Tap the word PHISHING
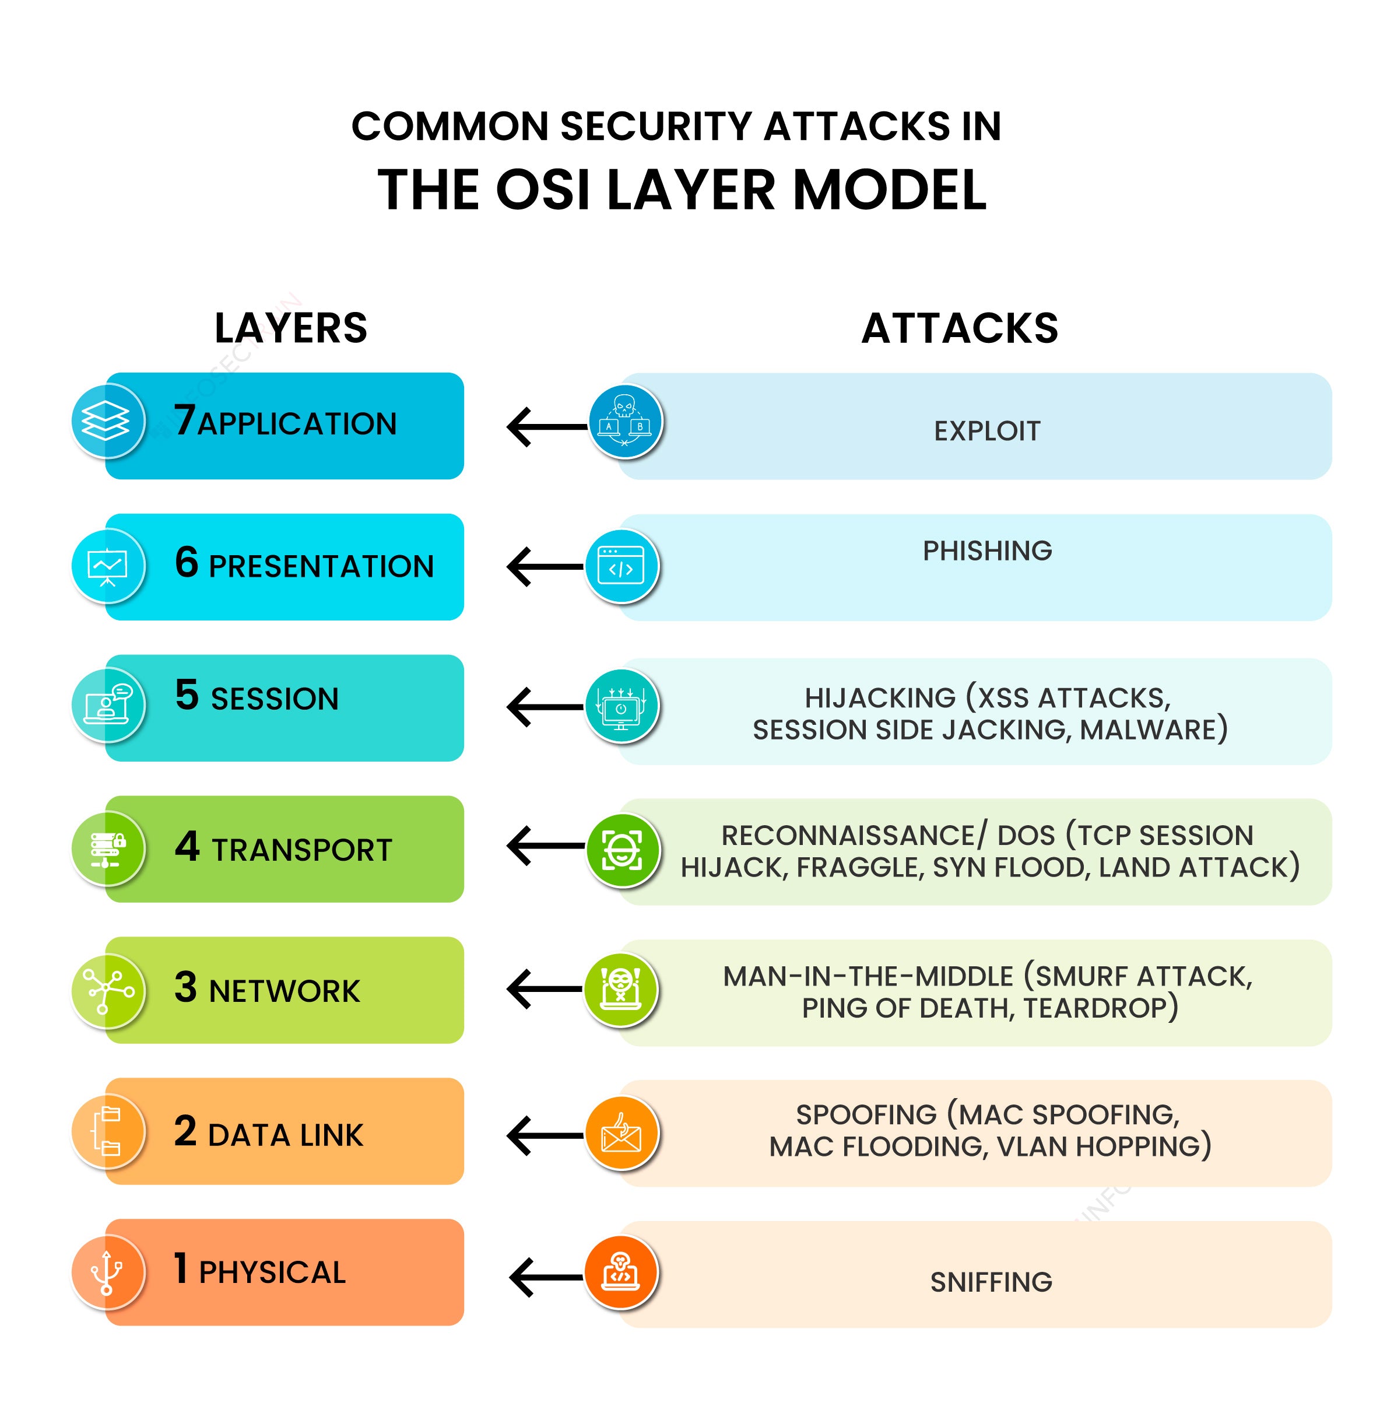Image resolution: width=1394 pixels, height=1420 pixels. point(986,551)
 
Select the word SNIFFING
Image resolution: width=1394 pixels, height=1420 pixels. point(991,1282)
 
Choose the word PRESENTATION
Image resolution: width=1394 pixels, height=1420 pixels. point(321,566)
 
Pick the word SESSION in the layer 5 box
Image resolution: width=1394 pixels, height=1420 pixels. point(275,699)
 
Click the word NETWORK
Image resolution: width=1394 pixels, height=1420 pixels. point(285,991)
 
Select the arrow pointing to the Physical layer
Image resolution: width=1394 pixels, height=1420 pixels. point(546,1277)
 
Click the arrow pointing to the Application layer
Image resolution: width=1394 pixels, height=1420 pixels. point(546,426)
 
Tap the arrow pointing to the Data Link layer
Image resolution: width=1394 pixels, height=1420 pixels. point(546,1135)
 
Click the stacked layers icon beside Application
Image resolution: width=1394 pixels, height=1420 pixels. point(106,421)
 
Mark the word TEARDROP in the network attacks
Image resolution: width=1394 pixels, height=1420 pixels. point(1100,1008)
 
